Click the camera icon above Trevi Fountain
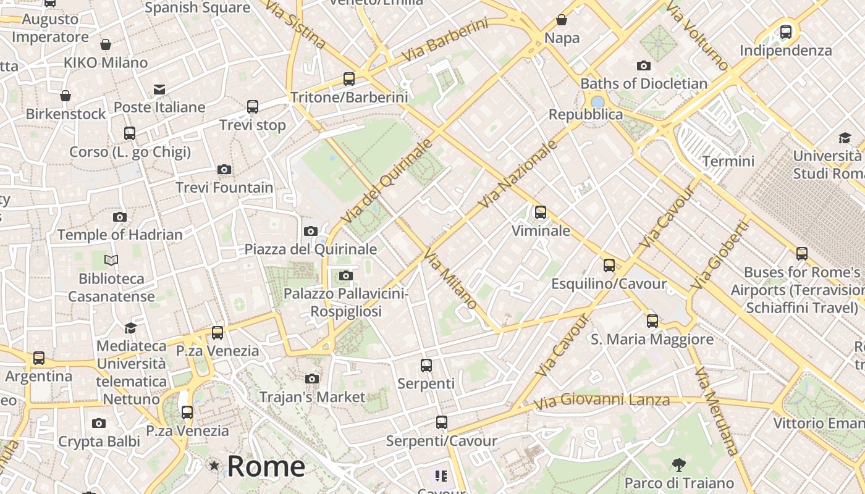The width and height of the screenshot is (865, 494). click(224, 169)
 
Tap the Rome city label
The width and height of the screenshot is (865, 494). click(266, 466)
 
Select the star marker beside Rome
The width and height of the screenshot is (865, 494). click(214, 466)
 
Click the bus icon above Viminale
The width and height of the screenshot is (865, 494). click(541, 212)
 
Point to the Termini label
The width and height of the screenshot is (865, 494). click(728, 161)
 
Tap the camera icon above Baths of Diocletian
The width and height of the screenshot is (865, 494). click(643, 65)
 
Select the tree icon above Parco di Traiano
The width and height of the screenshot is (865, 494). click(678, 464)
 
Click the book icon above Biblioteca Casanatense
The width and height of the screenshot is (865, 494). click(111, 260)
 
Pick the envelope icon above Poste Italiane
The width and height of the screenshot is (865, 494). click(159, 90)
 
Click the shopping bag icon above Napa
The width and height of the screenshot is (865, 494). click(562, 20)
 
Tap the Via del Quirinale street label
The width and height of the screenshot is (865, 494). click(386, 181)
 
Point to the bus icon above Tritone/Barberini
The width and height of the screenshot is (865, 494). click(349, 78)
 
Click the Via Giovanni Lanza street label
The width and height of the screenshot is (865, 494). click(601, 401)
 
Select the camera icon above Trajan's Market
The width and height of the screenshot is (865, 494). click(312, 378)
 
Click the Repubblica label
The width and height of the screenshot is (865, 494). click(586, 114)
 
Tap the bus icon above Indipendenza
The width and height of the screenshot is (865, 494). click(785, 31)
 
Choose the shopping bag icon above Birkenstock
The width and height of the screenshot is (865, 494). click(65, 96)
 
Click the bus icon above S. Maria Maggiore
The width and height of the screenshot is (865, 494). click(652, 320)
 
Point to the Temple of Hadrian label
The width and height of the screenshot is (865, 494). click(120, 235)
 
